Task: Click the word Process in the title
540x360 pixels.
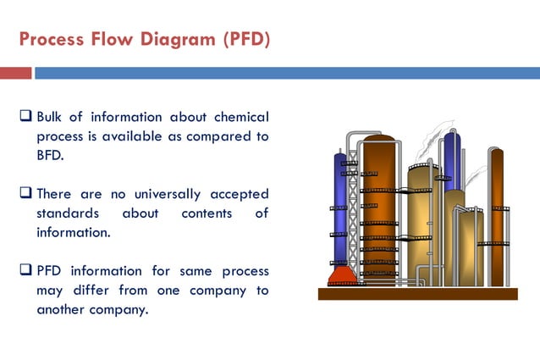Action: pos(49,40)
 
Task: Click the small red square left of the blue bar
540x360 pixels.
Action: pos(15,74)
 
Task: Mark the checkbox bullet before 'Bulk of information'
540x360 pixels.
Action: pos(25,117)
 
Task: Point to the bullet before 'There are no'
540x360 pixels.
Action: pos(25,194)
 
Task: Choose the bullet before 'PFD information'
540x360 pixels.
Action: pos(25,272)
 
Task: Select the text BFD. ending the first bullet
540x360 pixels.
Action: pos(51,155)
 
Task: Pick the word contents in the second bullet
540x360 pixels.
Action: pos(207,213)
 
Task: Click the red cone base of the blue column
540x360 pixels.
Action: pos(341,276)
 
